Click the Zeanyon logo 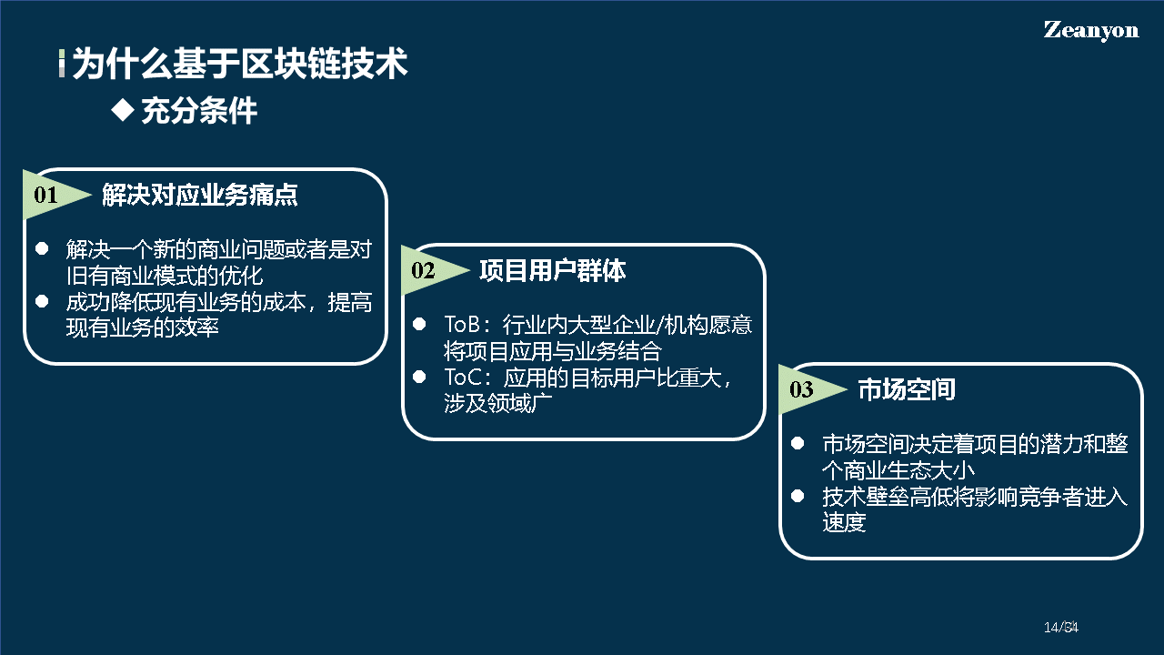(x=1090, y=30)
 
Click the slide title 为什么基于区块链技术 (x=239, y=65)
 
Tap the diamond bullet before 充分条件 (x=122, y=110)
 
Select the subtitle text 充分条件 (x=199, y=111)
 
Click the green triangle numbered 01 (x=50, y=195)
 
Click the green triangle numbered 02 (x=427, y=270)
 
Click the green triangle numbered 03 (x=806, y=390)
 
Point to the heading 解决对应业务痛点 (x=200, y=195)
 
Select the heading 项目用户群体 (x=552, y=270)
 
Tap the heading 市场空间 (x=907, y=390)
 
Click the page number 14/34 (x=1060, y=628)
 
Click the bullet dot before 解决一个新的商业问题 (x=42, y=248)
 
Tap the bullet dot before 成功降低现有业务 (x=42, y=301)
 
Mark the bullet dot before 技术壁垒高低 (x=798, y=496)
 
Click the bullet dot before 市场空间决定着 (x=798, y=443)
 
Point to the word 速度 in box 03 (x=844, y=523)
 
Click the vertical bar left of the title (x=62, y=64)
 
